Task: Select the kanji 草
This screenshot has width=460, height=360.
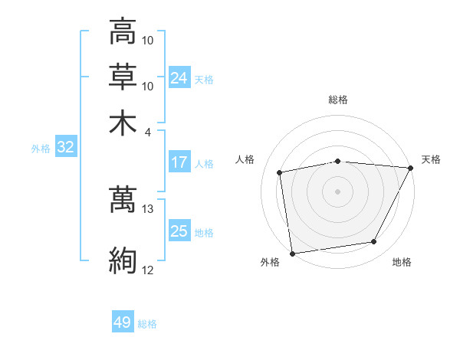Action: coord(123,77)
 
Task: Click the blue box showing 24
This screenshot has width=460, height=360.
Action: coord(179,78)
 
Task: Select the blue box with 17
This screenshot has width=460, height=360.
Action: coord(179,162)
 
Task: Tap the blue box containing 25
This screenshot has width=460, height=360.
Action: coord(179,231)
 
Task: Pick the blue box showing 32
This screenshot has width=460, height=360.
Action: coord(65,148)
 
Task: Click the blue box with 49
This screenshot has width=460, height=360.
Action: coord(123,323)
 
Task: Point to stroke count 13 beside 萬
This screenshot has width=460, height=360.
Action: coord(148,208)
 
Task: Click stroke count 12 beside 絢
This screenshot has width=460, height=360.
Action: coord(148,270)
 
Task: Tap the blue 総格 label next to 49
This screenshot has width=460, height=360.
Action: coord(147,324)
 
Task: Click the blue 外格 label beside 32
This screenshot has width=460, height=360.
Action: coord(41,149)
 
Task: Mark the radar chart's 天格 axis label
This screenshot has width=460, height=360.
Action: coord(431,159)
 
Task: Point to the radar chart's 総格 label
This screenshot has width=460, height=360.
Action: coord(338,100)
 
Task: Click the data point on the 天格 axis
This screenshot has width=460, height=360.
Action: coord(412,168)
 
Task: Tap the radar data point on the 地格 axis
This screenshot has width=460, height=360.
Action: coord(374,242)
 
